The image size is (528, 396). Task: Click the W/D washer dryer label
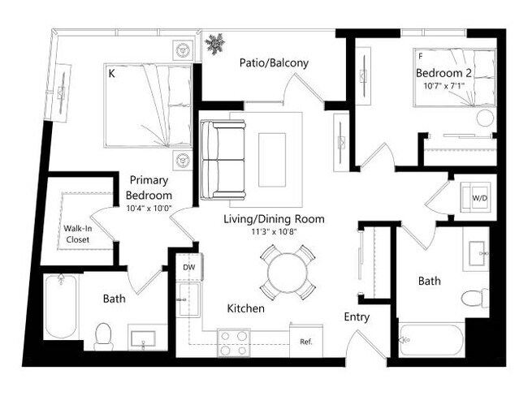point(479,197)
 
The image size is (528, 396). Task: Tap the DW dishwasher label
point(188,266)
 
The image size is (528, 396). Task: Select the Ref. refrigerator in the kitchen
point(306,342)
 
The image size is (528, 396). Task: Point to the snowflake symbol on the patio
point(215,44)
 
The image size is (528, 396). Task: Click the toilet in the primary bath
point(103,335)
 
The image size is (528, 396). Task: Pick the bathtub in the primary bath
point(61,307)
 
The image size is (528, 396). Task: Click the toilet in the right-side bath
point(474,299)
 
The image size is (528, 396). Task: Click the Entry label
point(357,317)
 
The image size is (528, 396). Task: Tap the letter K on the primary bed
point(112,73)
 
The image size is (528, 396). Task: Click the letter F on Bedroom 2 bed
point(420,58)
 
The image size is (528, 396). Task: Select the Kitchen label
point(245,308)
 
